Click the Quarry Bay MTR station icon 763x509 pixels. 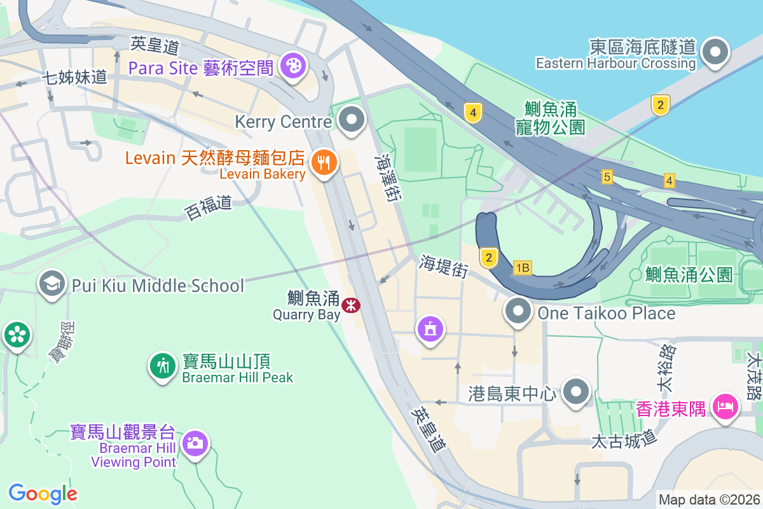pyautogui.click(x=350, y=305)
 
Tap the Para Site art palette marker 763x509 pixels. pyautogui.click(x=293, y=65)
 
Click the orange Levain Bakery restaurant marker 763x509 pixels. pyautogui.click(x=324, y=164)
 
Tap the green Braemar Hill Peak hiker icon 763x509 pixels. pyautogui.click(x=163, y=365)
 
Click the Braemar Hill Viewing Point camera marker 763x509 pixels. pyautogui.click(x=195, y=442)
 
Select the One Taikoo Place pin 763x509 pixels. pyautogui.click(x=519, y=312)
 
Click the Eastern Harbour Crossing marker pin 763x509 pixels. pyautogui.click(x=716, y=51)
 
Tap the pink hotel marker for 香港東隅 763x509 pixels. pyautogui.click(x=724, y=405)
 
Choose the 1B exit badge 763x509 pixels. pyautogui.click(x=523, y=268)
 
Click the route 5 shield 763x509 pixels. pyautogui.click(x=607, y=177)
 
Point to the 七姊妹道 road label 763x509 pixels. pyautogui.click(x=74, y=78)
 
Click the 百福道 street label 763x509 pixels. pyautogui.click(x=208, y=206)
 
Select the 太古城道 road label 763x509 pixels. pyautogui.click(x=623, y=439)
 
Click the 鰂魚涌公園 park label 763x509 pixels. pyautogui.click(x=689, y=275)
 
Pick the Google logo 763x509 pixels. pyautogui.click(x=43, y=493)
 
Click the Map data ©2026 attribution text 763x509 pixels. pyautogui.click(x=709, y=499)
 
